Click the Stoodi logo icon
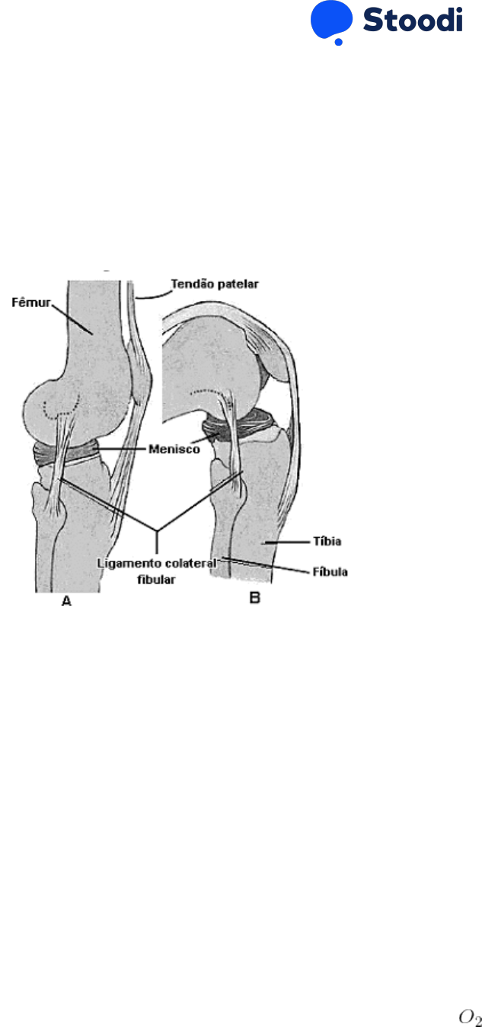click(x=331, y=21)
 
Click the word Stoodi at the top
click(x=412, y=20)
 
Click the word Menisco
click(x=174, y=450)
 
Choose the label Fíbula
click(x=329, y=570)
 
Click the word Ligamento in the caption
click(x=125, y=562)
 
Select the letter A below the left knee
click(x=66, y=601)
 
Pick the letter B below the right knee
click(x=255, y=599)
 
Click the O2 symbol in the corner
click(x=469, y=1017)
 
